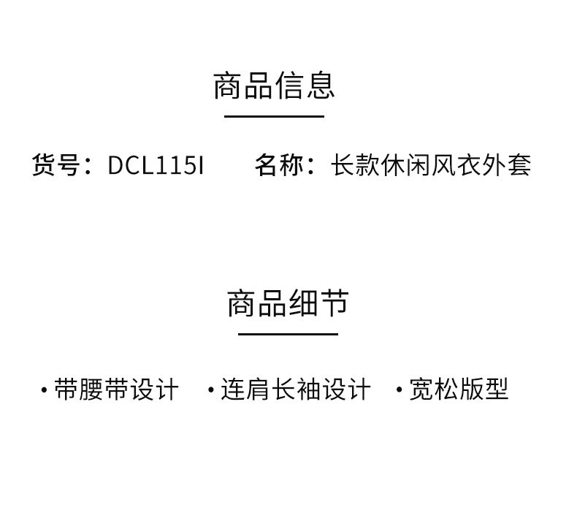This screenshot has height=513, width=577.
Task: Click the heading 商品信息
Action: [274, 85]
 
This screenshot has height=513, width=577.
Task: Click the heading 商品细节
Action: [288, 303]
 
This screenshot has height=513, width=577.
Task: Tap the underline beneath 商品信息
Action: [274, 116]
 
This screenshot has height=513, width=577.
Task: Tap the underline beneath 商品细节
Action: [288, 334]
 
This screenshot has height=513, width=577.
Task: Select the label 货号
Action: [56, 165]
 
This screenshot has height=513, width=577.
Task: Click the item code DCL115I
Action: [156, 166]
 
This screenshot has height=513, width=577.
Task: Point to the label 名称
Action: [279, 165]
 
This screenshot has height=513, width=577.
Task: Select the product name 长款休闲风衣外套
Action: [431, 165]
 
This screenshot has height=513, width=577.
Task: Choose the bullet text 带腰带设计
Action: [116, 389]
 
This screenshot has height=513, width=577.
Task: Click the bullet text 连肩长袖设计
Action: [296, 389]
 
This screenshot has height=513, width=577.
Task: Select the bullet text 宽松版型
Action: [459, 389]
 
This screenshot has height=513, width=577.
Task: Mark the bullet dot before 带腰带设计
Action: [44, 390]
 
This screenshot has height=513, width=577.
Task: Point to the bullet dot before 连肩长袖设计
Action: [211, 390]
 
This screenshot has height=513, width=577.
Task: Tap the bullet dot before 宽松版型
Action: [399, 390]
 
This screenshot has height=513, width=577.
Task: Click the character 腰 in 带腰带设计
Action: [92, 389]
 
